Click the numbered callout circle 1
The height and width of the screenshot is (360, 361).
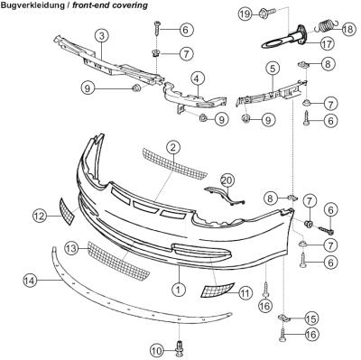(x=179, y=290)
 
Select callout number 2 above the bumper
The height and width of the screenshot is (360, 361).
(x=173, y=148)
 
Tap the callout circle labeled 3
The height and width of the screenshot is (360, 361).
(x=102, y=36)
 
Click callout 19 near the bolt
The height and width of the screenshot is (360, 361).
(x=246, y=14)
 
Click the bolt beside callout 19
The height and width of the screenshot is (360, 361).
(x=267, y=13)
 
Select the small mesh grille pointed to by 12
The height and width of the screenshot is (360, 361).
(x=67, y=211)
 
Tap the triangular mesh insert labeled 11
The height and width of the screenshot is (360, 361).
(x=218, y=290)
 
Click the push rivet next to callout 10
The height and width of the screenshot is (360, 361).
(x=180, y=349)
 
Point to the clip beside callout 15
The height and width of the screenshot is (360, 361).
(x=284, y=318)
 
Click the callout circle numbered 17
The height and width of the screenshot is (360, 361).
(x=327, y=44)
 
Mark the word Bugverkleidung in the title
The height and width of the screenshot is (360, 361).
(x=32, y=5)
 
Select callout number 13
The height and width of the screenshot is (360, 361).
(x=72, y=248)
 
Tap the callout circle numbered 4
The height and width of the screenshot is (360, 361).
(x=197, y=79)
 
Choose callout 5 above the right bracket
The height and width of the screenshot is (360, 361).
(x=273, y=69)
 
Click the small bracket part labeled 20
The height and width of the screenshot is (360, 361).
(x=226, y=196)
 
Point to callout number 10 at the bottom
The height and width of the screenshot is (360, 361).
(x=157, y=350)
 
